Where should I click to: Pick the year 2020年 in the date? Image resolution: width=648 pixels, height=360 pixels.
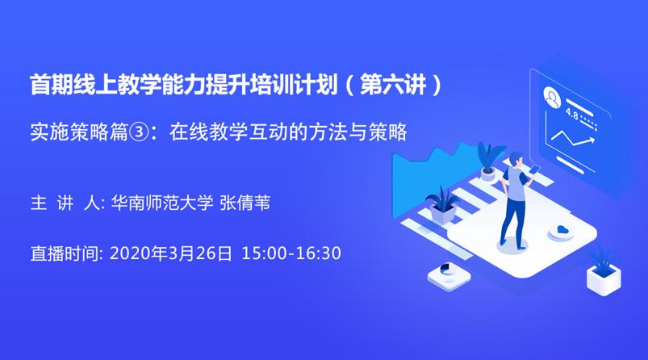tap(137, 253)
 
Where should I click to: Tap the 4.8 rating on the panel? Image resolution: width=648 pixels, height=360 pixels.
tap(572, 114)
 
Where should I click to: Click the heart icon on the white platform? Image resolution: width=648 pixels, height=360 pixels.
tap(559, 232)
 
